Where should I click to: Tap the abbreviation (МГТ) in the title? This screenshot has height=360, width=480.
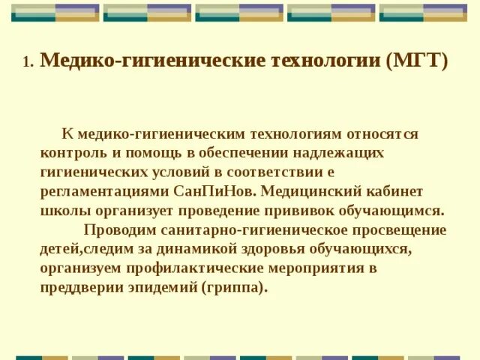pyautogui.click(x=418, y=61)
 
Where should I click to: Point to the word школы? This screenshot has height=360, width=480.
pyautogui.click(x=62, y=210)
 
